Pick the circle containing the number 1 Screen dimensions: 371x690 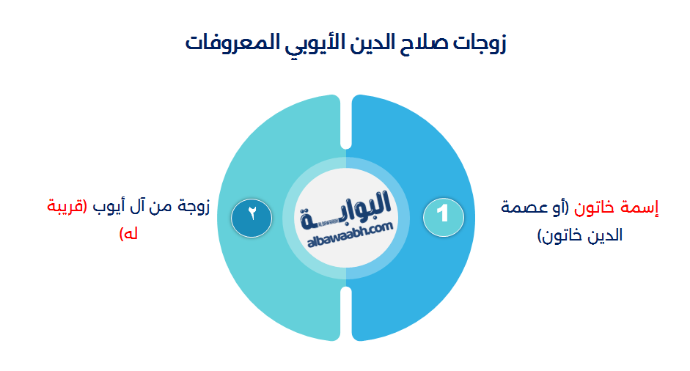tap(443, 216)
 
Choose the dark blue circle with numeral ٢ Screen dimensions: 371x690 tap(252, 216)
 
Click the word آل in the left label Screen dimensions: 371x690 tap(142, 207)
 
